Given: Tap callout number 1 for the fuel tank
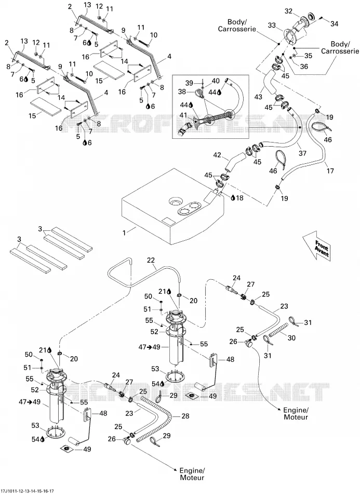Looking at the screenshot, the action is (x=124, y=232).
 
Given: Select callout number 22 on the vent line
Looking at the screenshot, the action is (x=151, y=260).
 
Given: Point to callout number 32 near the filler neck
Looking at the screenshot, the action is (x=288, y=11).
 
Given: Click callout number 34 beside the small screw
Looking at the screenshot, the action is (x=334, y=23).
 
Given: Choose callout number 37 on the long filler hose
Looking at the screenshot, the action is (x=302, y=153).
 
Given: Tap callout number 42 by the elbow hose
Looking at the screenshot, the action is (x=217, y=155).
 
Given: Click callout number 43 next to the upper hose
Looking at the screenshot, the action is (x=258, y=97).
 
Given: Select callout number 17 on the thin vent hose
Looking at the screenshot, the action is (x=330, y=171).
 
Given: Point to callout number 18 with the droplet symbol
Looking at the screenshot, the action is (x=239, y=198).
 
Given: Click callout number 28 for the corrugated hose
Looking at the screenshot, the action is (x=185, y=416).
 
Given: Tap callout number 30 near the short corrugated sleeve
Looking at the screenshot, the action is (x=291, y=337).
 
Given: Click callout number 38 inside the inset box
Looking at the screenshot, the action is (x=182, y=92).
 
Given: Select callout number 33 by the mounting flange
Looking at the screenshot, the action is (x=272, y=25).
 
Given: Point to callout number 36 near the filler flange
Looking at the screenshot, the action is (x=304, y=67).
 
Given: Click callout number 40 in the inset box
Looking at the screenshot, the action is (x=216, y=81).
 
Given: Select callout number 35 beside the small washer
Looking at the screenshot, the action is (x=308, y=56).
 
